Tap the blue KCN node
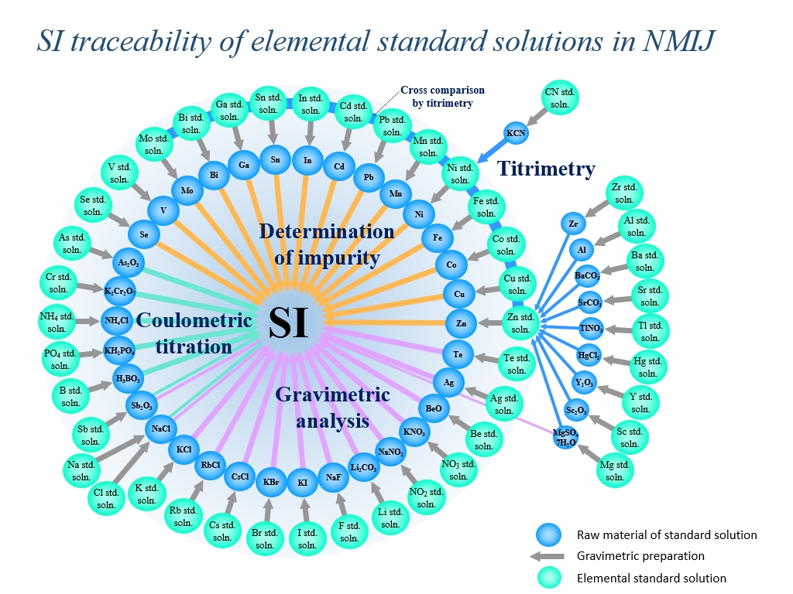(x=517, y=133)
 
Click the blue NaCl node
(x=161, y=428)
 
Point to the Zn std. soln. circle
(x=520, y=323)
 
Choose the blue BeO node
(x=433, y=407)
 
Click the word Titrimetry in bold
(x=546, y=168)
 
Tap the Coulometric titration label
(x=194, y=333)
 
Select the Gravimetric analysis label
(x=332, y=408)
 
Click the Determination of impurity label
(x=326, y=244)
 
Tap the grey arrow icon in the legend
(x=548, y=555)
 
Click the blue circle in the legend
(x=548, y=534)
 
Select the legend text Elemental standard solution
(x=651, y=578)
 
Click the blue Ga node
(x=243, y=165)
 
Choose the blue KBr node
(x=270, y=482)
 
